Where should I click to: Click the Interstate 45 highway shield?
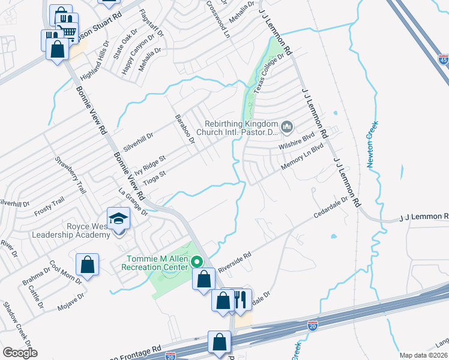(x=442, y=59)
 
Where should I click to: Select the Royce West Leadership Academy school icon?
(x=119, y=218)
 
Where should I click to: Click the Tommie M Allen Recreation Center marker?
(x=197, y=262)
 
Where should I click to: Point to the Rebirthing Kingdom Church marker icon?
(x=288, y=127)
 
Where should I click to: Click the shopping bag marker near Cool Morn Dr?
(x=87, y=265)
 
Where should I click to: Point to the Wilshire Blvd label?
(x=297, y=142)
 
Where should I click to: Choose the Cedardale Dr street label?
(x=330, y=208)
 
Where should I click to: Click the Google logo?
(x=19, y=352)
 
